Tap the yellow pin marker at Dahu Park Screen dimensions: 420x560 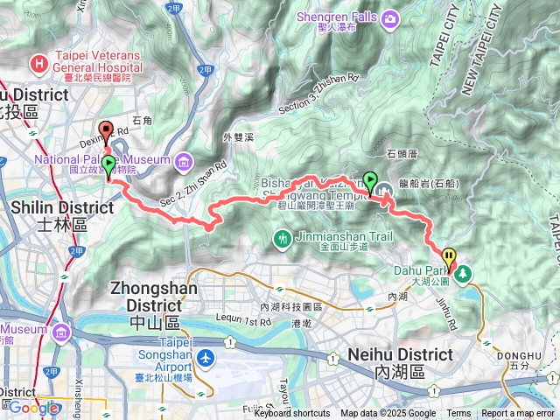point(450,257)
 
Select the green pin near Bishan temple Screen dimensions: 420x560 point(370,181)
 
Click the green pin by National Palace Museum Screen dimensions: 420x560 point(108,164)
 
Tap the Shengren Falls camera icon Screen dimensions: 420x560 point(388,18)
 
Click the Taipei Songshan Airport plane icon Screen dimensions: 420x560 point(205,358)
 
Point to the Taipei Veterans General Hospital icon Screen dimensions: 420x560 point(38,63)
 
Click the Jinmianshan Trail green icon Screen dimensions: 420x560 point(283,238)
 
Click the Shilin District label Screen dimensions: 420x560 point(63,207)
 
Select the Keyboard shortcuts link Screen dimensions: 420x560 point(291,413)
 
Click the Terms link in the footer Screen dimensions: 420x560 point(458,413)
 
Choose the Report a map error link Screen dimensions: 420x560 point(518,413)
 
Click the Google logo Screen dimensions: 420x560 point(33,407)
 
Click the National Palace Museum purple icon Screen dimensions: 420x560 point(184,162)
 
